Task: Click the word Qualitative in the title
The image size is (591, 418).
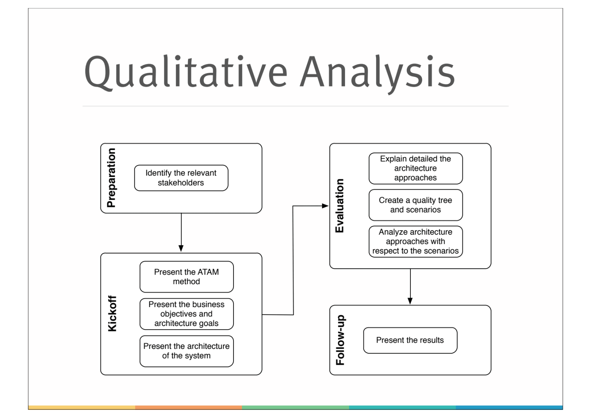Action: (x=186, y=72)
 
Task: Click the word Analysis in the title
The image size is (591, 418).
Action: (x=378, y=74)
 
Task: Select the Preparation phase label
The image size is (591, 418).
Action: (x=111, y=178)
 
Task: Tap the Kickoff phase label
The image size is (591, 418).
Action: (x=112, y=313)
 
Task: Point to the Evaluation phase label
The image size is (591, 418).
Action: (x=340, y=206)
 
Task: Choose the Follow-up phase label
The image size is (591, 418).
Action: (x=340, y=340)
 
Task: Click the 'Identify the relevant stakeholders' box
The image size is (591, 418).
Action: (x=181, y=178)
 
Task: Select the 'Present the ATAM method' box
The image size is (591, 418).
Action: (x=187, y=277)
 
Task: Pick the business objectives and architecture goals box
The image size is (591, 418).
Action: (x=187, y=314)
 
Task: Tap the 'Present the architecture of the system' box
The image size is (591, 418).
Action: (x=187, y=351)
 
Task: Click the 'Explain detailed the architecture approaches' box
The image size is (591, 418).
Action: (x=416, y=169)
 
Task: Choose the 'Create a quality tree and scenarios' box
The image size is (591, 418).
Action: (x=416, y=205)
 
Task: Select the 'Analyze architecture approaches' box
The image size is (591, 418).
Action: (x=416, y=241)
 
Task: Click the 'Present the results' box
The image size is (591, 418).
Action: (x=410, y=340)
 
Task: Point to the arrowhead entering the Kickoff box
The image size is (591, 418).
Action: (x=181, y=248)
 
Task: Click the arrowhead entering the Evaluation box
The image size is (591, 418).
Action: (x=325, y=206)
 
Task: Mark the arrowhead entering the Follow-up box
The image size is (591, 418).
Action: (x=410, y=301)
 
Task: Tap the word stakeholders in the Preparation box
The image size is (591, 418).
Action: (x=181, y=183)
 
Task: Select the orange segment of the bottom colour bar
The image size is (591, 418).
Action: (x=188, y=407)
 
